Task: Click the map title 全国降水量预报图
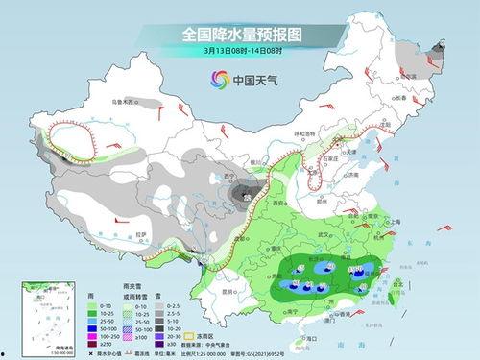[x=239, y=33]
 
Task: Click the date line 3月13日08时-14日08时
[x=239, y=50]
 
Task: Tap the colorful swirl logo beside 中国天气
[x=213, y=81]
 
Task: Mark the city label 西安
[x=280, y=204]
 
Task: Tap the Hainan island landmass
[x=299, y=336]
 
